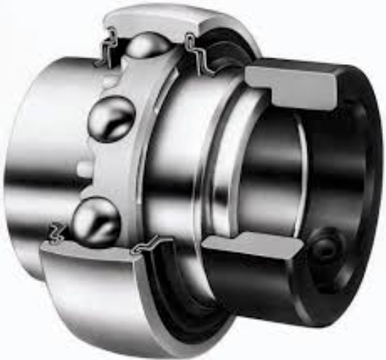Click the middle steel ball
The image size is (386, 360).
(x=111, y=119)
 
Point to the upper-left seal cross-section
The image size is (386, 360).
(x=108, y=46)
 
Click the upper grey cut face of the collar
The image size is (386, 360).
(x=291, y=80)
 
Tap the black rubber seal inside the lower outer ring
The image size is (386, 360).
(x=175, y=291)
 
